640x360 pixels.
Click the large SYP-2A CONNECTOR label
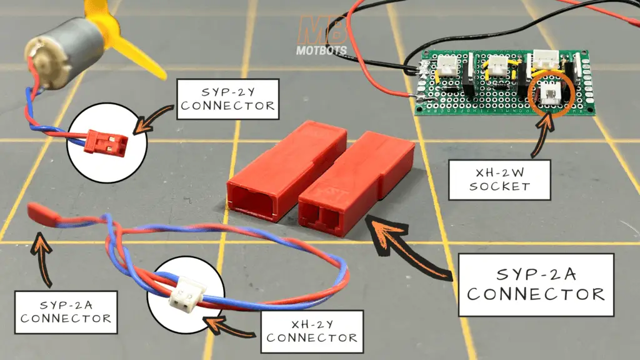point(536,284)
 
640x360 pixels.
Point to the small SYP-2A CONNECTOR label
point(65,309)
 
